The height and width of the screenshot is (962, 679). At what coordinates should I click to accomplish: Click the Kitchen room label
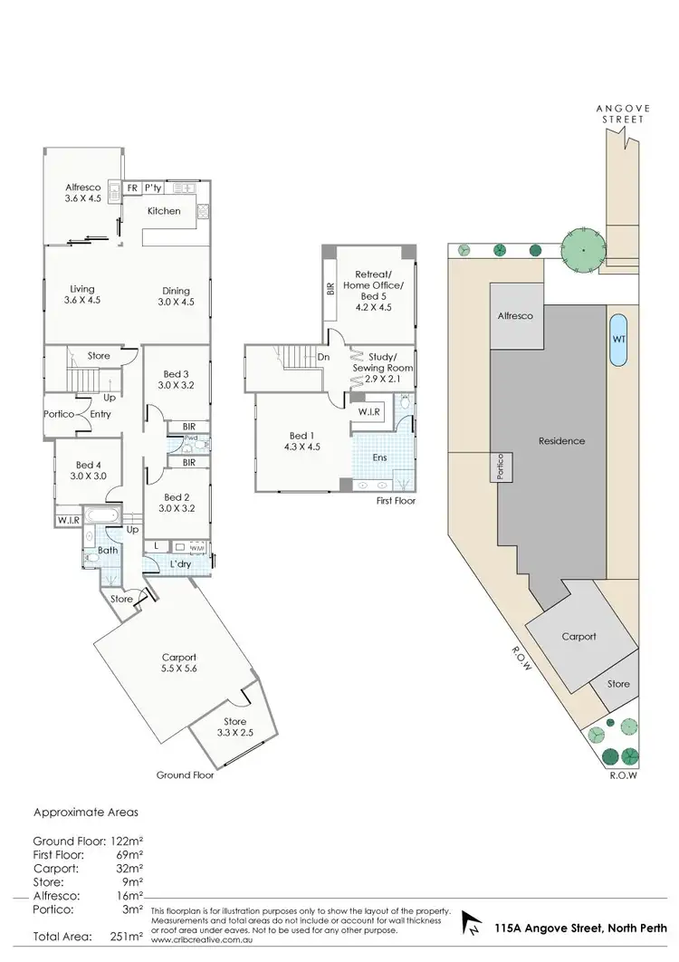point(165,211)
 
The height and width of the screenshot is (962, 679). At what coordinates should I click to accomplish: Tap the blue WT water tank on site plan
point(618,339)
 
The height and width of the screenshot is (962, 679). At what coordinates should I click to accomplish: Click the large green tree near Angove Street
point(583,247)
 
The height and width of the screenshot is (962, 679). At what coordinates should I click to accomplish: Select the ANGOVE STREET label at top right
point(625,113)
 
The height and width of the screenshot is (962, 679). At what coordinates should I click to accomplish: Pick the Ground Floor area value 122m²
point(126,840)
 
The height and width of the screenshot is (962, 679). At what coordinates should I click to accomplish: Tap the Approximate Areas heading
point(86,813)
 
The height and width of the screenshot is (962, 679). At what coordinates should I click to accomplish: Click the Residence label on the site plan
point(561,441)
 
